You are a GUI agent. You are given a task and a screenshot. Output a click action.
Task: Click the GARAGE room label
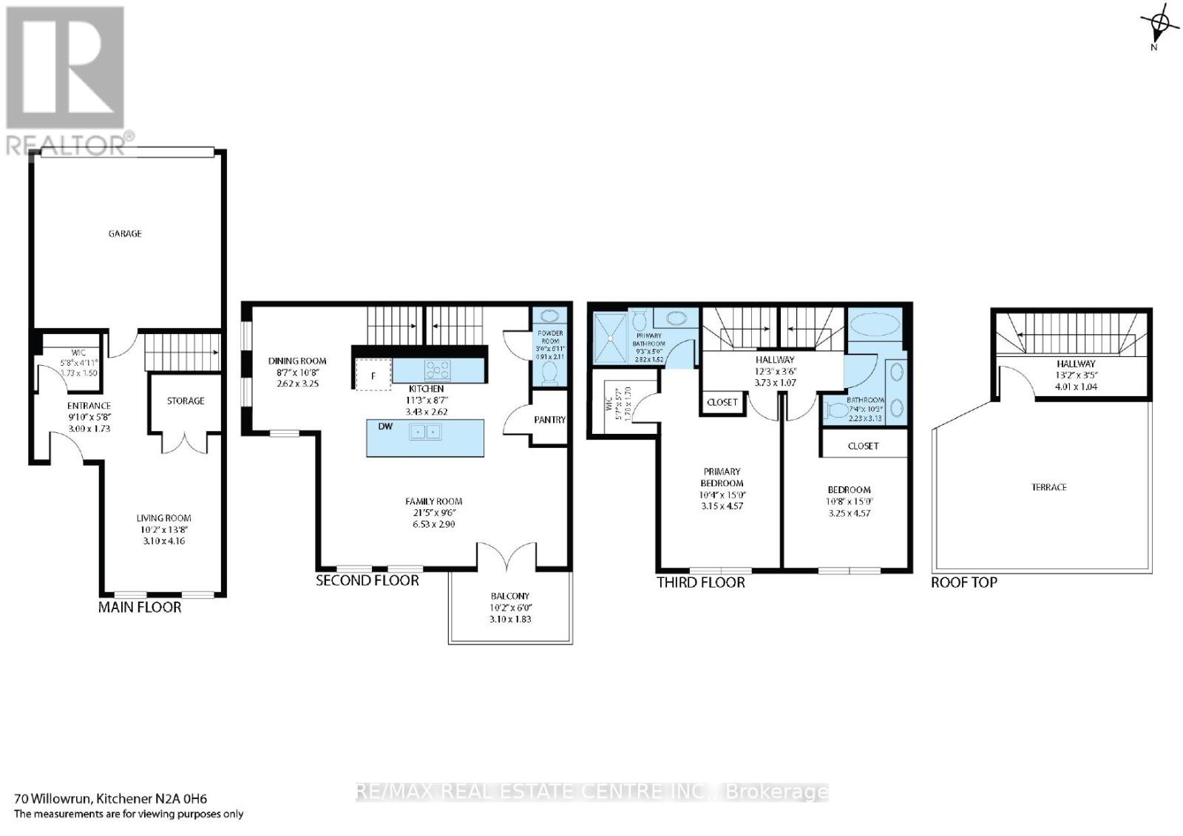pyautogui.click(x=125, y=234)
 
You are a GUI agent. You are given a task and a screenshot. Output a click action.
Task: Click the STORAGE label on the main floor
pyautogui.click(x=185, y=401)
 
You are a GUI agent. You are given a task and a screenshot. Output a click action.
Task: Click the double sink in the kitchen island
pyautogui.click(x=426, y=431)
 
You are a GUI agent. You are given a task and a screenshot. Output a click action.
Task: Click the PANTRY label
pyautogui.click(x=549, y=419)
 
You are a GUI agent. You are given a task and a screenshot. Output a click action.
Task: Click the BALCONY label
pyautogui.click(x=510, y=596)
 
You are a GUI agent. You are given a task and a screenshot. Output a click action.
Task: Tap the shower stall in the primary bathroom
pyautogui.click(x=611, y=338)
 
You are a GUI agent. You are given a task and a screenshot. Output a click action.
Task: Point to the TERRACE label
pyautogui.click(x=1049, y=487)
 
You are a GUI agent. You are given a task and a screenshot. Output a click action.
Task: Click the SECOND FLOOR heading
pyautogui.click(x=367, y=581)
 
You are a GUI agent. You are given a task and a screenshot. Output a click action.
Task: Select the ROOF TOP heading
pyautogui.click(x=964, y=582)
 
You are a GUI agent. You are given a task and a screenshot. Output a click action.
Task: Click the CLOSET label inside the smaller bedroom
pyautogui.click(x=863, y=446)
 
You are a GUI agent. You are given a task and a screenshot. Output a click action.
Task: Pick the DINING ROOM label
pyautogui.click(x=297, y=361)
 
